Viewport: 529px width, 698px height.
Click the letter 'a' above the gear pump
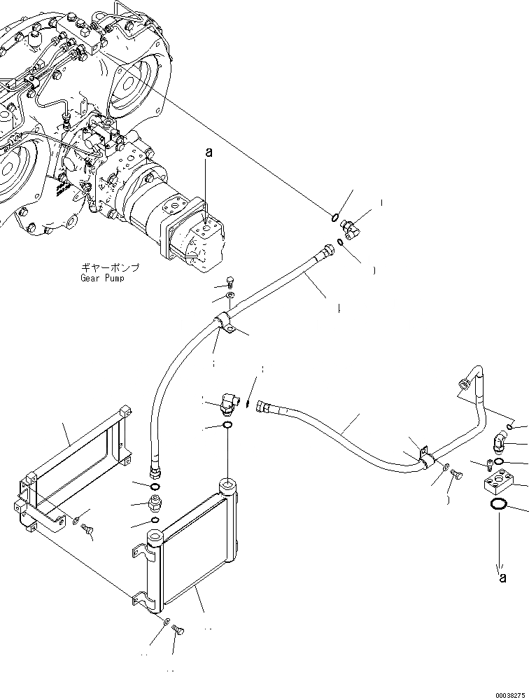pos(207,151)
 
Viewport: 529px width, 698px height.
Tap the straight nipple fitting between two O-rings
pos(154,503)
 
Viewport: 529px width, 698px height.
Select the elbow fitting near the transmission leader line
pos(350,227)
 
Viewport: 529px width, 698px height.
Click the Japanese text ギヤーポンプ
pos(111,267)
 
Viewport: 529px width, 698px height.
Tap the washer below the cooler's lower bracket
pos(165,621)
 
